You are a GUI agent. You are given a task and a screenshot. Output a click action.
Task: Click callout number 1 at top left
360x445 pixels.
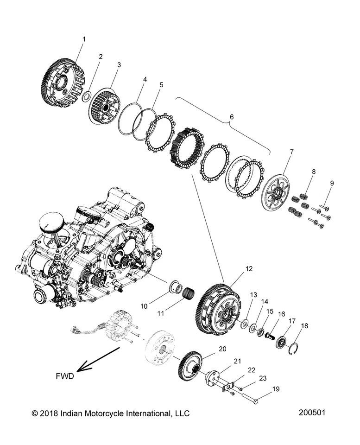point(84,39)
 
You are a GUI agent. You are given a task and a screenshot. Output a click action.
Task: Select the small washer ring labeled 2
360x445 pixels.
point(86,97)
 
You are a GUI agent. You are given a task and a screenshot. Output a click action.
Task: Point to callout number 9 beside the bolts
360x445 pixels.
point(331,183)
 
